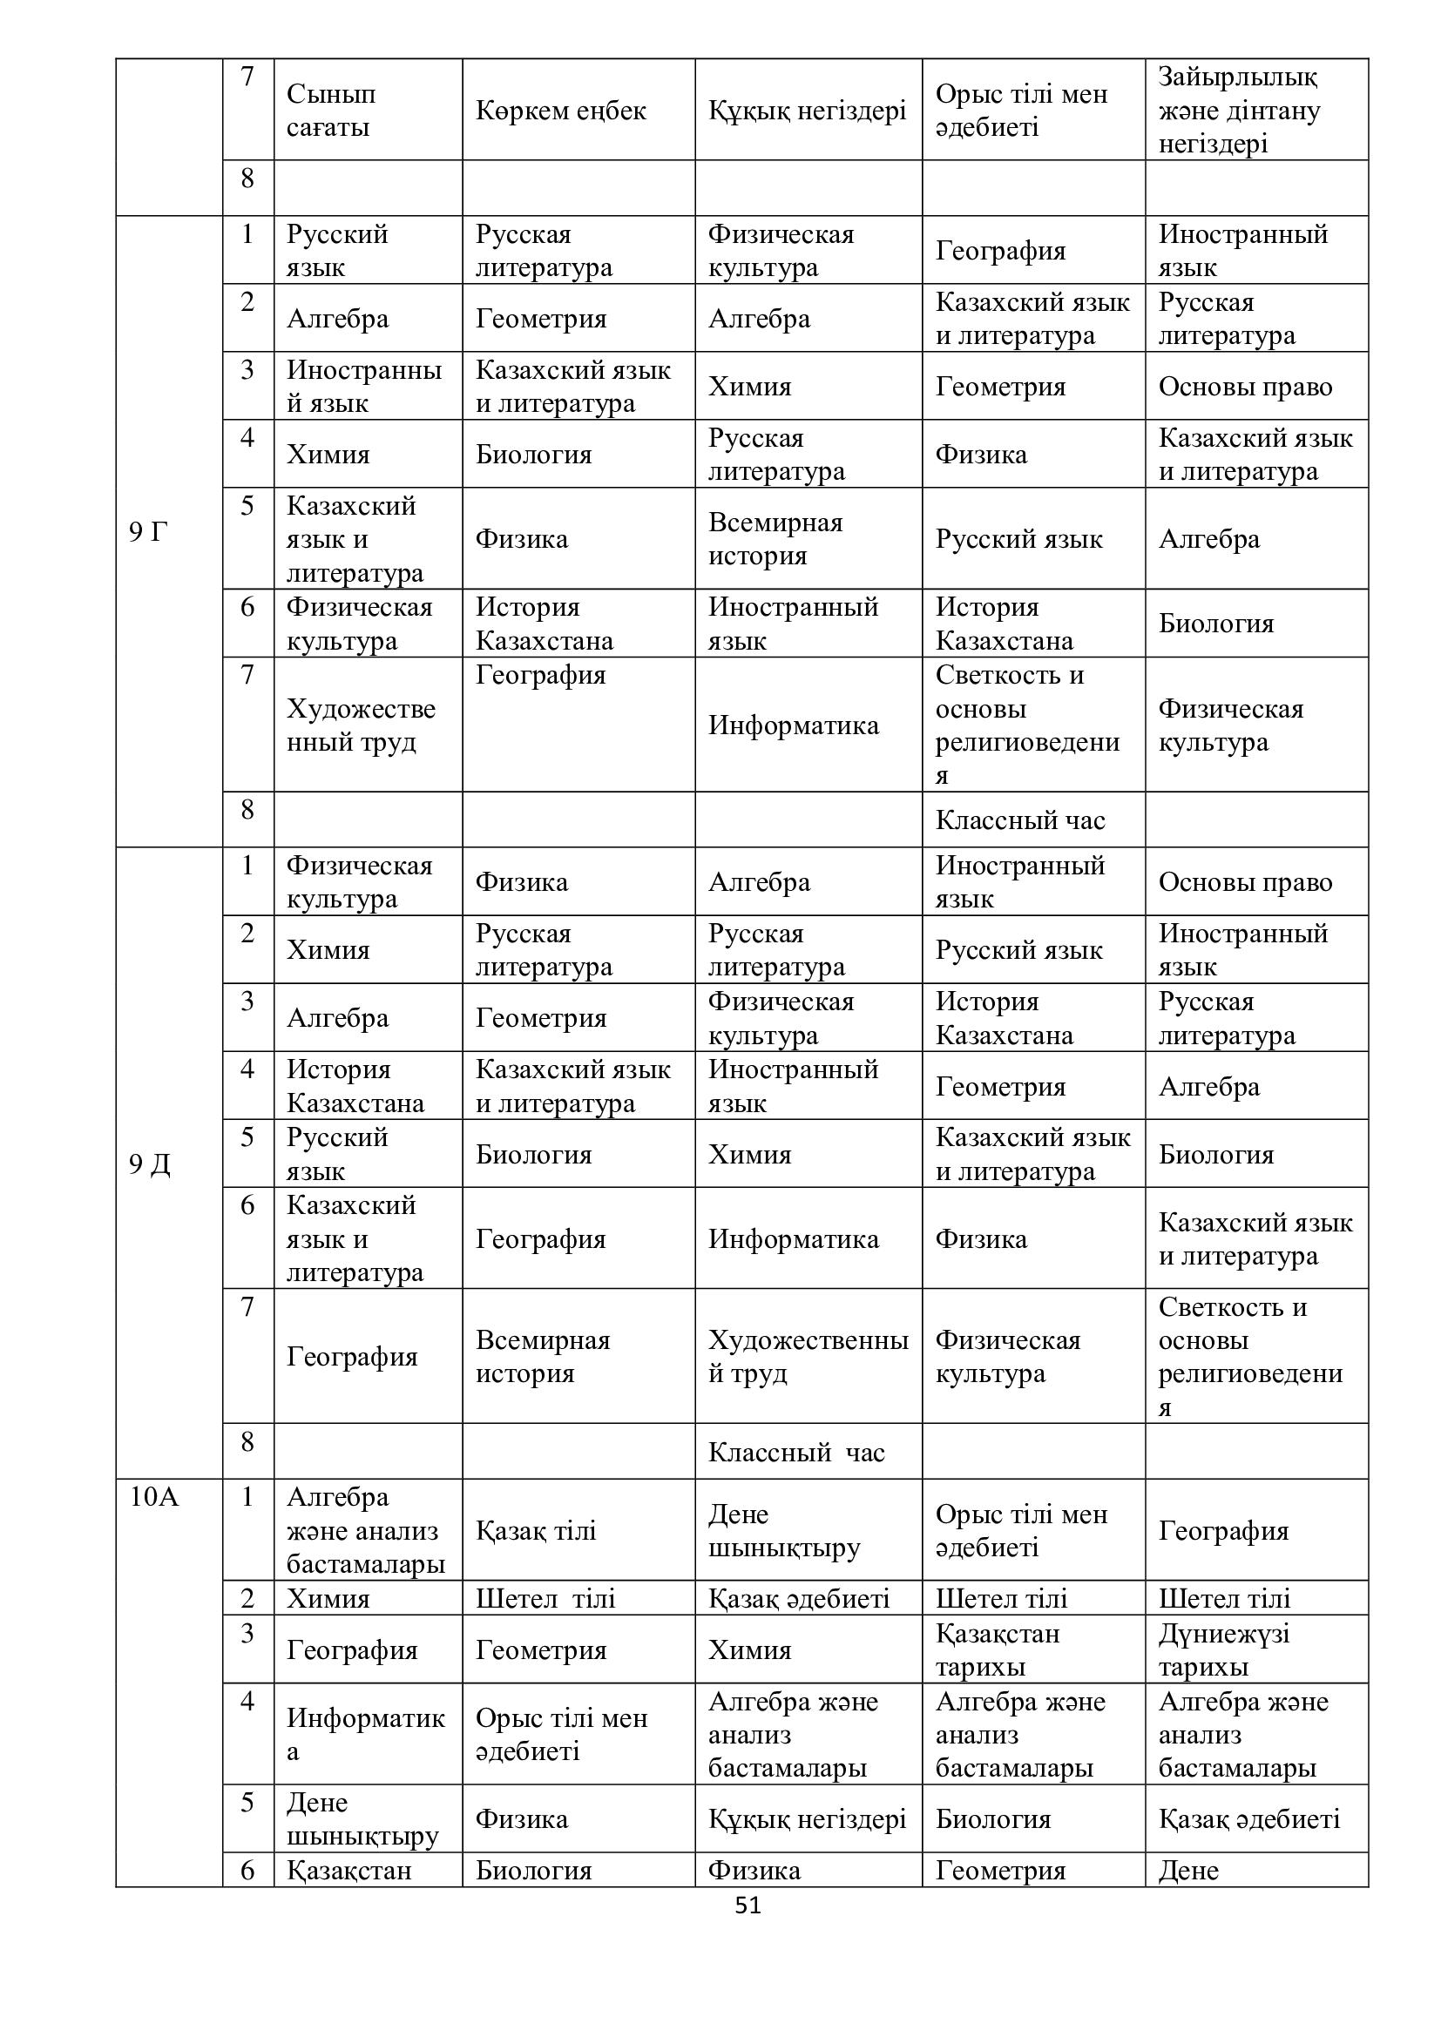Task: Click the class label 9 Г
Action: (x=148, y=531)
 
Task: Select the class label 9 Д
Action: (x=149, y=1164)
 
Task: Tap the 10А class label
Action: (x=153, y=1497)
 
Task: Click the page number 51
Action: (x=748, y=1905)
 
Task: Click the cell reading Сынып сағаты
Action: (x=330, y=110)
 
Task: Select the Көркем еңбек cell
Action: (x=561, y=110)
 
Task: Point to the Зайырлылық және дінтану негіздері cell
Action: (x=1239, y=110)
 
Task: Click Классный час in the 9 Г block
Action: (x=1019, y=820)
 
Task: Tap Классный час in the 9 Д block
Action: (x=796, y=1453)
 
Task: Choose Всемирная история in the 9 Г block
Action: (x=775, y=538)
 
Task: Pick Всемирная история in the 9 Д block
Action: (x=542, y=1357)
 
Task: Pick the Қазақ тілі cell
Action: (x=536, y=1530)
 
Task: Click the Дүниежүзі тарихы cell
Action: (x=1223, y=1649)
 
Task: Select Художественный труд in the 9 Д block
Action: (x=807, y=1357)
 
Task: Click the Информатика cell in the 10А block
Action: (x=365, y=1735)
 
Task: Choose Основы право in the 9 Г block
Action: (x=1245, y=386)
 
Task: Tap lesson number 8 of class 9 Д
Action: (x=247, y=1441)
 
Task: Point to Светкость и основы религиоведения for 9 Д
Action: (x=1249, y=1357)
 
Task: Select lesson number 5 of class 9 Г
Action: (x=247, y=506)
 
